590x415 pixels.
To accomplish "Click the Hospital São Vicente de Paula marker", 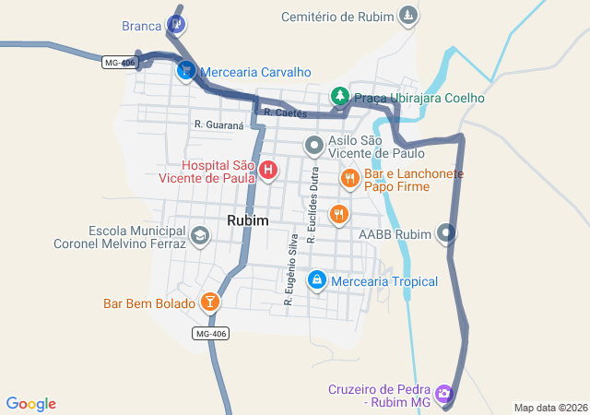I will [268, 170].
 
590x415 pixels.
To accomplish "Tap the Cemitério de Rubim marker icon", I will [407, 16].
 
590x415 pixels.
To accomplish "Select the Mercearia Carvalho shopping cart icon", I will [186, 70].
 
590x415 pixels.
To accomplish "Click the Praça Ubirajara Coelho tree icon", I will [339, 96].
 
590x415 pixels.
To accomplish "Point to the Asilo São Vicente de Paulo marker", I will [314, 145].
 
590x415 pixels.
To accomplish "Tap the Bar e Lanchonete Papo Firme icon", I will [349, 177].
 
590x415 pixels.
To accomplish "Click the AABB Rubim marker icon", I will [447, 233].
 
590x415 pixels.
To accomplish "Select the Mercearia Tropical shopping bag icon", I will [317, 279].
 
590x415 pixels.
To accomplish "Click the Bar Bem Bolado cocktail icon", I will [210, 302].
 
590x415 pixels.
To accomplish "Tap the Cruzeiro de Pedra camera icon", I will [444, 395].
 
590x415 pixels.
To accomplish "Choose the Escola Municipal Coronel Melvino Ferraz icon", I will [199, 236].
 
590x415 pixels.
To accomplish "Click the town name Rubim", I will [248, 220].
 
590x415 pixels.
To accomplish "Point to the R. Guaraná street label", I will [218, 124].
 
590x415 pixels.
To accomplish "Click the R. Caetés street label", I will [284, 113].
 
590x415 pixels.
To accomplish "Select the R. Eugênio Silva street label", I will [290, 270].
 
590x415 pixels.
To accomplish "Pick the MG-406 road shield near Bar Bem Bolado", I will [211, 333].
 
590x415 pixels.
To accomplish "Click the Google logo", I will [31, 404].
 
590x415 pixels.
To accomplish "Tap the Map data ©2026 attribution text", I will [549, 408].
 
